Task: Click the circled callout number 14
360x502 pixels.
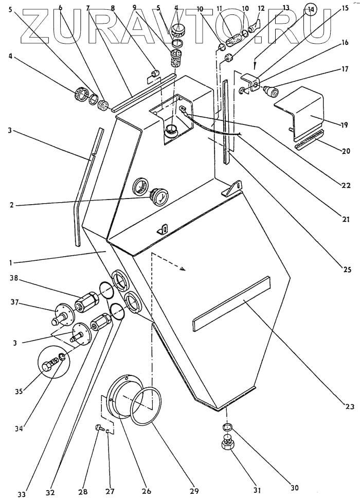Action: click(x=311, y=9)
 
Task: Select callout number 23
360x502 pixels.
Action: click(x=350, y=407)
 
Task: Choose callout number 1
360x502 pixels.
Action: click(x=11, y=262)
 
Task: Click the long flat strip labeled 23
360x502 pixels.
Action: click(x=231, y=303)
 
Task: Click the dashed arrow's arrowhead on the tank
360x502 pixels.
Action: click(x=184, y=268)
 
